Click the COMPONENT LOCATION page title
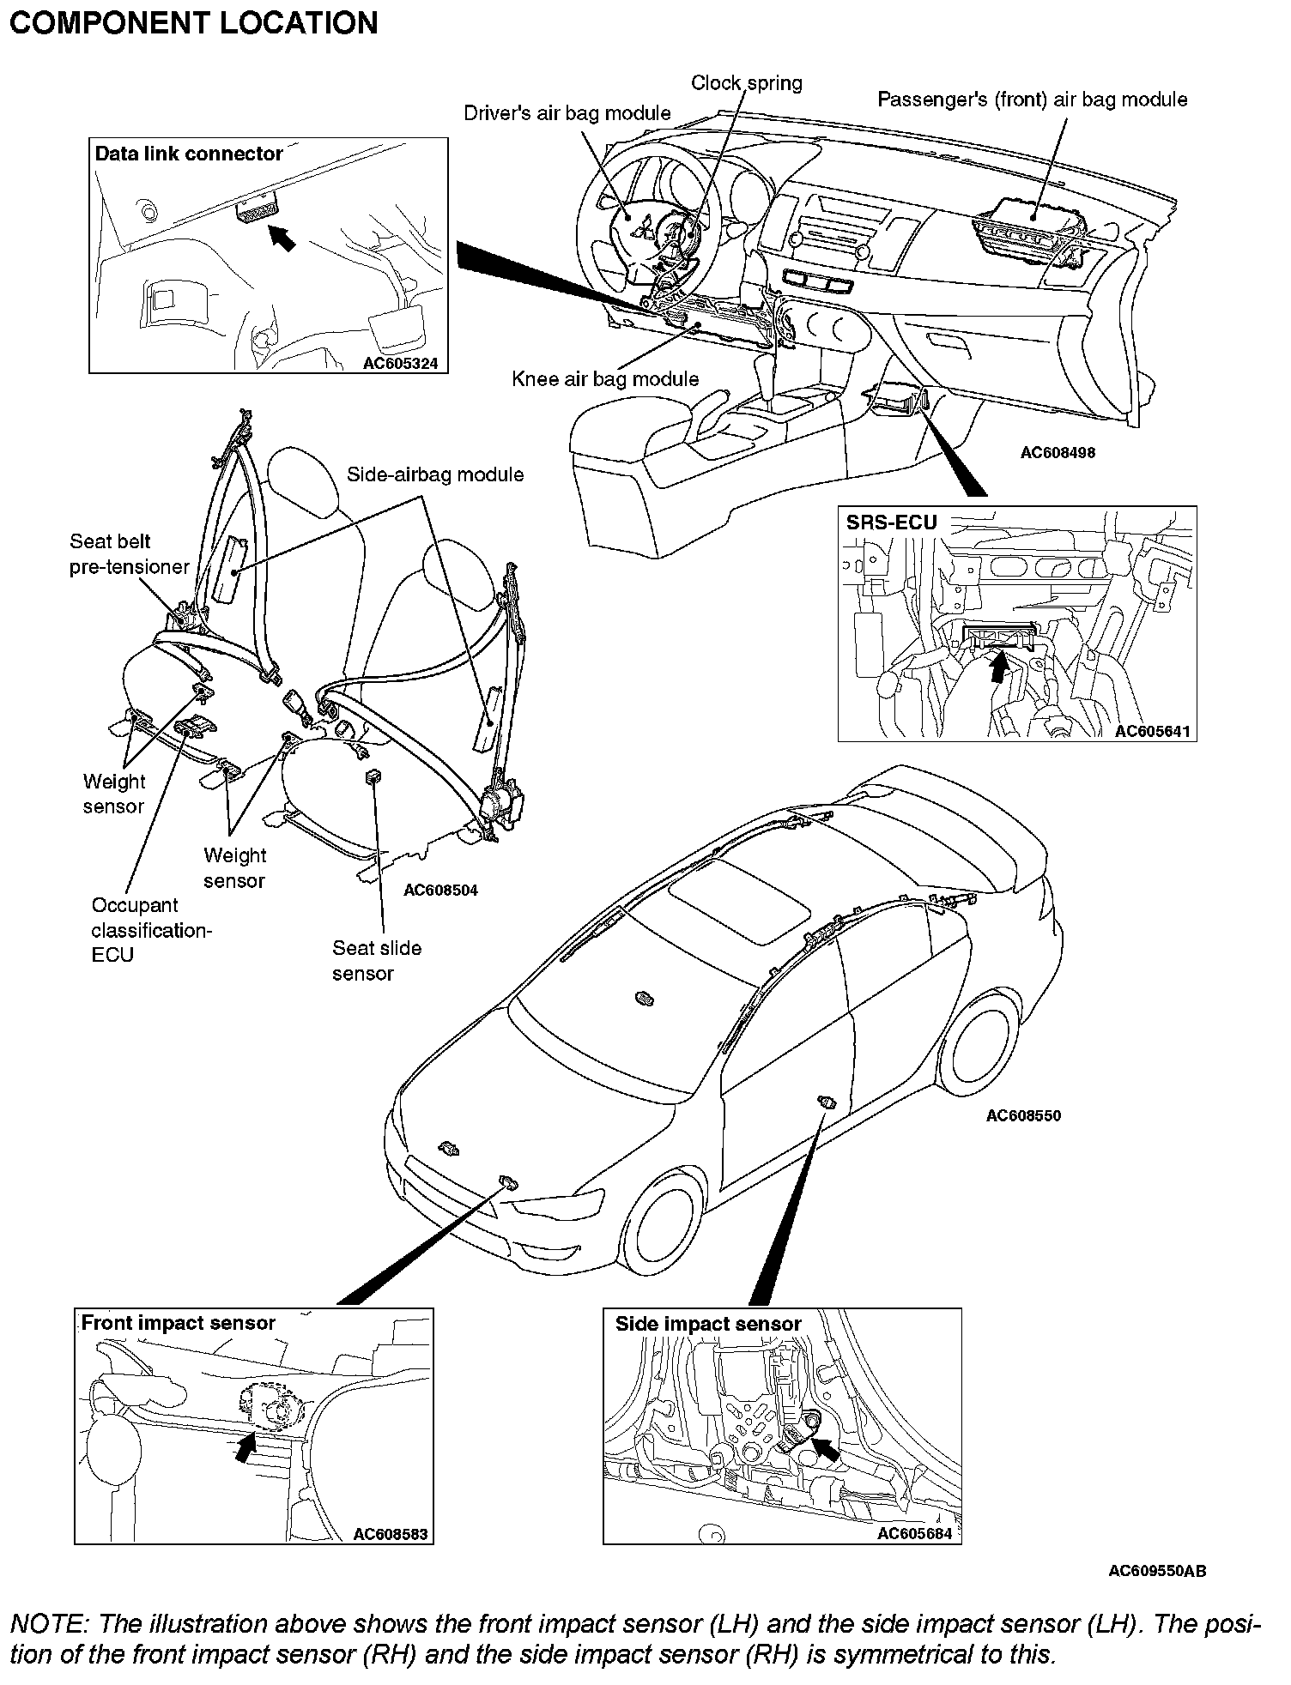(193, 23)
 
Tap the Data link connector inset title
(189, 154)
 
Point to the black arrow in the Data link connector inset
(282, 237)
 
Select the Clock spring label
(747, 83)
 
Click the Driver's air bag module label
(567, 113)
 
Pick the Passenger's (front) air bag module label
(1032, 100)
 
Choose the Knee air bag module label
(605, 379)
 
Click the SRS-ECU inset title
(892, 522)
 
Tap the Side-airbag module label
(435, 474)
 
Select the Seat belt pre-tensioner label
(130, 554)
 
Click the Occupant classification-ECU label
(151, 930)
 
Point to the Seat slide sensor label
(377, 961)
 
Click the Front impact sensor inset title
(178, 1323)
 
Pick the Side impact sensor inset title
(707, 1324)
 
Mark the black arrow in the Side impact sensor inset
(826, 1449)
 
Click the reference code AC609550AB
(1157, 1571)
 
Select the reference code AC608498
(1058, 452)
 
